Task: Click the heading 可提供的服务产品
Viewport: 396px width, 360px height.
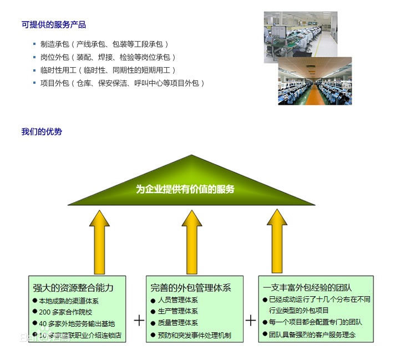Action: [x=53, y=24]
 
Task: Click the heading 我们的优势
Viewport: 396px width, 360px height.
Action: [x=42, y=131]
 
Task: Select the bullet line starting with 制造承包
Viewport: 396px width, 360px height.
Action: [x=104, y=44]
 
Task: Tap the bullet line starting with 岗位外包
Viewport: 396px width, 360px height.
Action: [x=108, y=57]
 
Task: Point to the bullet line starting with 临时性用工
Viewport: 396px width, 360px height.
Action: [x=108, y=70]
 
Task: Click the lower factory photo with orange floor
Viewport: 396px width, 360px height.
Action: [x=314, y=82]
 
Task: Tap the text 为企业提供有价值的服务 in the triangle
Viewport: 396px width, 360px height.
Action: [x=185, y=189]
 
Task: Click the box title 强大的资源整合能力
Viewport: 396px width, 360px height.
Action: [x=73, y=288]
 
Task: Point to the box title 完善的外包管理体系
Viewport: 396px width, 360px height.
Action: [x=190, y=288]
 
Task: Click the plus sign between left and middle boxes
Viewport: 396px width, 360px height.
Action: [x=139, y=321]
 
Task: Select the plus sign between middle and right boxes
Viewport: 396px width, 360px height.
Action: [x=251, y=321]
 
